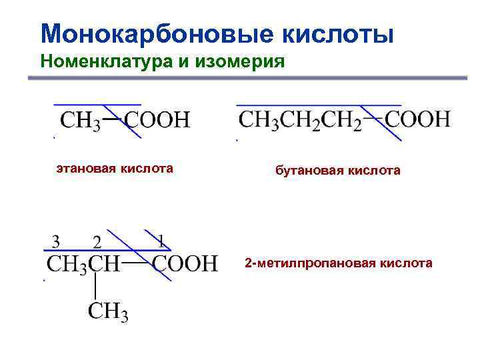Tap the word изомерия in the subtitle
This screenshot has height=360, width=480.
249,62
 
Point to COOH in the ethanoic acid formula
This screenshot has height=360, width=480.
158,121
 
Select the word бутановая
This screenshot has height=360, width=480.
307,171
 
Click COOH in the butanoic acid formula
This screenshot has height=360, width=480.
419,121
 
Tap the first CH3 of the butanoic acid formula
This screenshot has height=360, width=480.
257,121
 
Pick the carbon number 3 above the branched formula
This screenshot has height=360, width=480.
56,240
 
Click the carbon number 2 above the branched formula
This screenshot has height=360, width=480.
97,240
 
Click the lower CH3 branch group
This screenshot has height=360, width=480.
109,311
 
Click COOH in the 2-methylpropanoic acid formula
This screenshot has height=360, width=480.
185,263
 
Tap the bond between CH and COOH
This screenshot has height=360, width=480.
135,263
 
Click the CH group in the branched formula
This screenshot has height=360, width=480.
105,263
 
